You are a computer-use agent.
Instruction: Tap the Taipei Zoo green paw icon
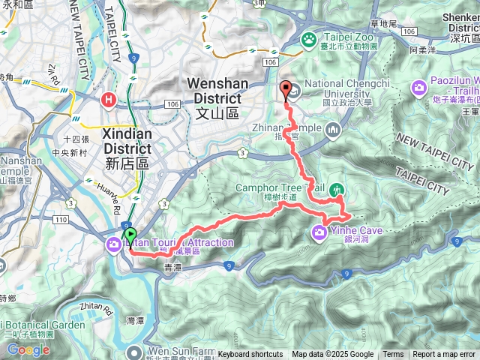(x=308, y=39)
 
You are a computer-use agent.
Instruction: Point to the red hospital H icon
(x=110, y=97)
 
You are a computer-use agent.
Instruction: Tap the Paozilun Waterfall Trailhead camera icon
(x=417, y=89)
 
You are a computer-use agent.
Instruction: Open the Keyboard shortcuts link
(x=250, y=355)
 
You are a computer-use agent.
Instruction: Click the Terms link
(x=393, y=355)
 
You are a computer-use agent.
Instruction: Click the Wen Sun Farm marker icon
(x=133, y=351)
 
